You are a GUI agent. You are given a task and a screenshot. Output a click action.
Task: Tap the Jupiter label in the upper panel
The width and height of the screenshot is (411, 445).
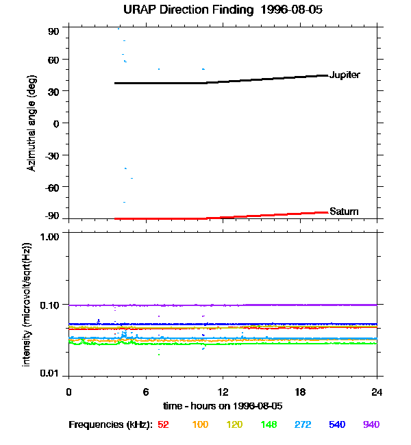[x=345, y=75]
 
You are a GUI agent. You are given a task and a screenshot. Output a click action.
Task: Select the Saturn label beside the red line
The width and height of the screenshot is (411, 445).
[x=344, y=212]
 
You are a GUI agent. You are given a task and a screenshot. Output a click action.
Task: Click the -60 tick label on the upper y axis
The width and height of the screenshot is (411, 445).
[x=52, y=187]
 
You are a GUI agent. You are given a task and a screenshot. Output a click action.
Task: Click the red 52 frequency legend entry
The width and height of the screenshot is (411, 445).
[x=163, y=425]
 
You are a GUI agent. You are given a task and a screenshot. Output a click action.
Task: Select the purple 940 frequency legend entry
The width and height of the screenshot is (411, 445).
[x=371, y=425]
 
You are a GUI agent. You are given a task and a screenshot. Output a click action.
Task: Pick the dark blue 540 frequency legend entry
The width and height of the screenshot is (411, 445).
[x=336, y=425]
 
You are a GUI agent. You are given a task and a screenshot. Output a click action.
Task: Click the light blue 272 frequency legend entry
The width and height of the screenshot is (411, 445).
[x=302, y=425]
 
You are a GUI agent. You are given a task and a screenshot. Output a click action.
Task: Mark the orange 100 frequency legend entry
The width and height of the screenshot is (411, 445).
[x=199, y=425]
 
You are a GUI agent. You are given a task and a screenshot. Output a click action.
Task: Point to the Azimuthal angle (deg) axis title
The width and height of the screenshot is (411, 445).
[x=32, y=123]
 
